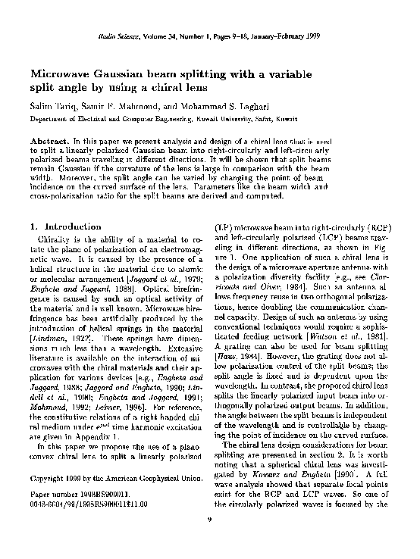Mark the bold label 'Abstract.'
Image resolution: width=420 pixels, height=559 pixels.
(x=49, y=142)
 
